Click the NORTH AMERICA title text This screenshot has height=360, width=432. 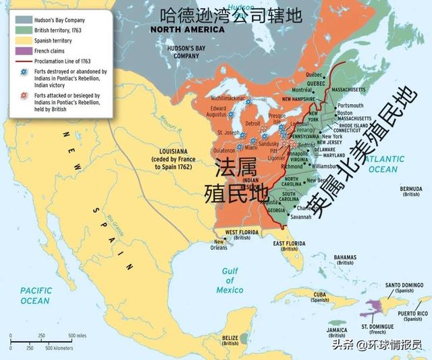(188, 30)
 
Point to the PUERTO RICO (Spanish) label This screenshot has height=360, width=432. (412, 316)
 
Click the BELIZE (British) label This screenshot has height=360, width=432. (231, 340)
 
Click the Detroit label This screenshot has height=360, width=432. (252, 124)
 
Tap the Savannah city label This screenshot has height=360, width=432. (300, 217)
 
